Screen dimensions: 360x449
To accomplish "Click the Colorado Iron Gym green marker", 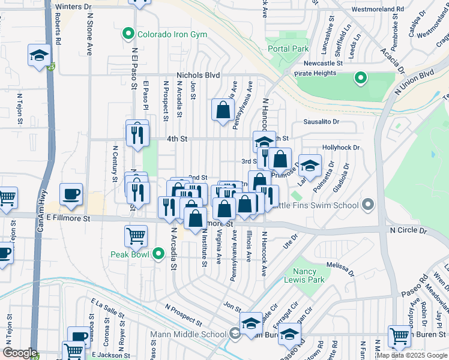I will point(128,34).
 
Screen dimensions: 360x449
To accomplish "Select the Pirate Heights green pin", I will point(360,77).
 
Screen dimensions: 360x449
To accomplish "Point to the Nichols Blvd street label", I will point(198,76).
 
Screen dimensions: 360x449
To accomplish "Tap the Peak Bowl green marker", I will point(158,254).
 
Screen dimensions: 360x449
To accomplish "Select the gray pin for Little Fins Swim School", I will point(367,205).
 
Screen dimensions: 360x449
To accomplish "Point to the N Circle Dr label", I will point(408,230).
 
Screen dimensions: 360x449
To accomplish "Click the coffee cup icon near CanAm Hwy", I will point(71,194).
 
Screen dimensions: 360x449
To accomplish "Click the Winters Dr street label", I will point(73,7).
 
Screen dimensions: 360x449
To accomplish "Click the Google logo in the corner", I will point(20,353).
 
